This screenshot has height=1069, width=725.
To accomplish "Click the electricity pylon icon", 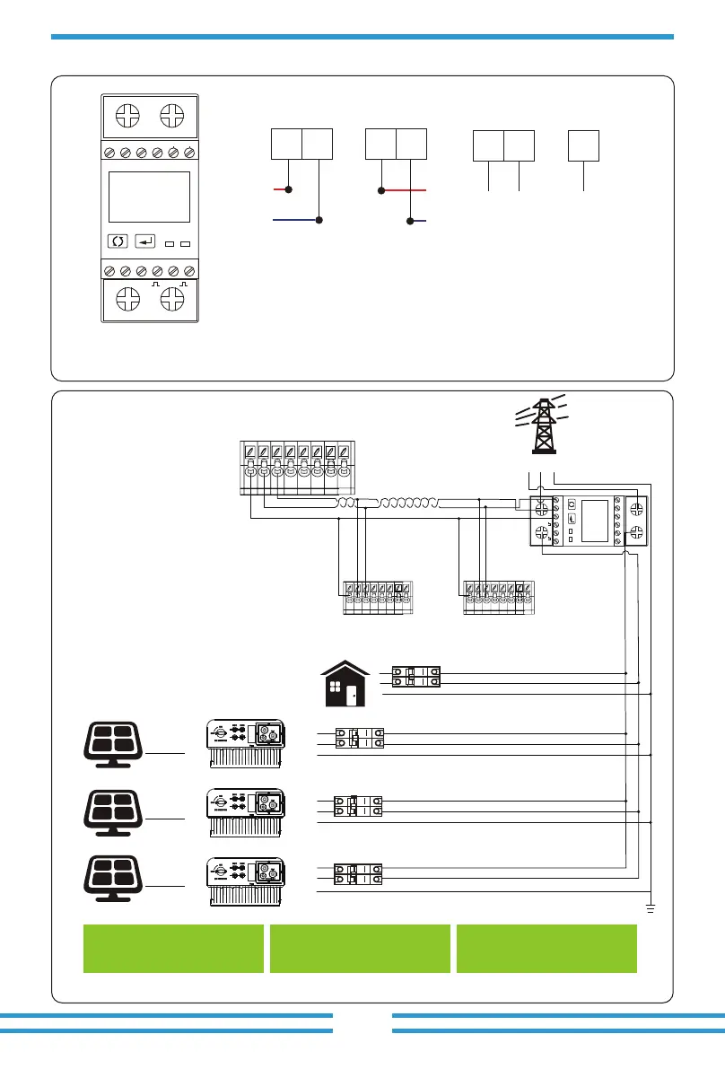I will pyautogui.click(x=541, y=426).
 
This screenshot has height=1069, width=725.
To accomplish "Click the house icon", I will pyautogui.click(x=345, y=685).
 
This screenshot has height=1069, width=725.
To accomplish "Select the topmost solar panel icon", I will pyautogui.click(x=111, y=743).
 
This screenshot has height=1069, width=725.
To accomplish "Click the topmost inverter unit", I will pyautogui.click(x=245, y=742).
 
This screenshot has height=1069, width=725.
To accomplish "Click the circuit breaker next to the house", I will pyautogui.click(x=416, y=678).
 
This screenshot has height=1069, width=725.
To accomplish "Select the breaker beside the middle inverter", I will pyautogui.click(x=358, y=805).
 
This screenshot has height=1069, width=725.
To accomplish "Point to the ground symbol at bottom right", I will pyautogui.click(x=651, y=909).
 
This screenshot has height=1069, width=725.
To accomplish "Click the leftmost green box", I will pyautogui.click(x=173, y=948).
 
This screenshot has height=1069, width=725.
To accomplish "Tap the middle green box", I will pyautogui.click(x=360, y=948).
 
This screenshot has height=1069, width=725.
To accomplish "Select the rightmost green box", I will pyautogui.click(x=546, y=948).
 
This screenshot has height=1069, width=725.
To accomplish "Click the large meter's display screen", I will pyautogui.click(x=149, y=197).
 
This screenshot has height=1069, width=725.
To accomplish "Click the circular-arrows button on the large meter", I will pyautogui.click(x=118, y=241).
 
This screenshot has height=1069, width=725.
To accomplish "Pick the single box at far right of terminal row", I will pyautogui.click(x=584, y=145).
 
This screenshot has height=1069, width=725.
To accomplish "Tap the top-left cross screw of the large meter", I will pyautogui.click(x=127, y=117).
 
